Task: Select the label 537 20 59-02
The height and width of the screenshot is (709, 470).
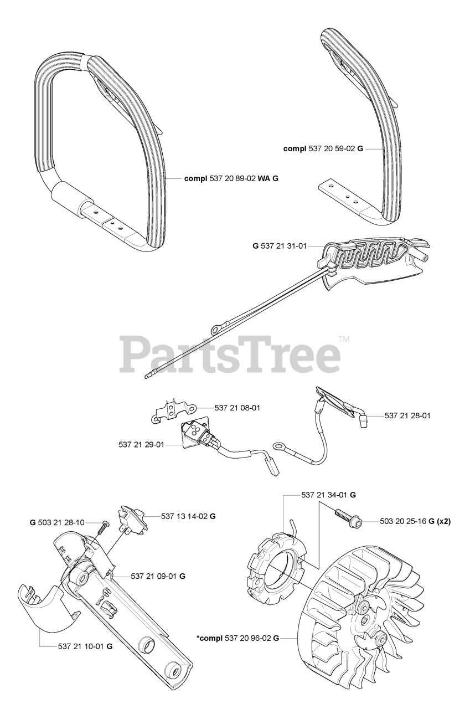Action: click(x=329, y=149)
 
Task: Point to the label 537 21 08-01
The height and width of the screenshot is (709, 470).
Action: click(x=237, y=408)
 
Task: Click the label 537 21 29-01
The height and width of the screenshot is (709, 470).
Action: click(x=141, y=444)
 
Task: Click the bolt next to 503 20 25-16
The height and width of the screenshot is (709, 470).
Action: click(x=347, y=519)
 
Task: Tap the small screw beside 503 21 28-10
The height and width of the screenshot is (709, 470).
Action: click(x=102, y=529)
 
